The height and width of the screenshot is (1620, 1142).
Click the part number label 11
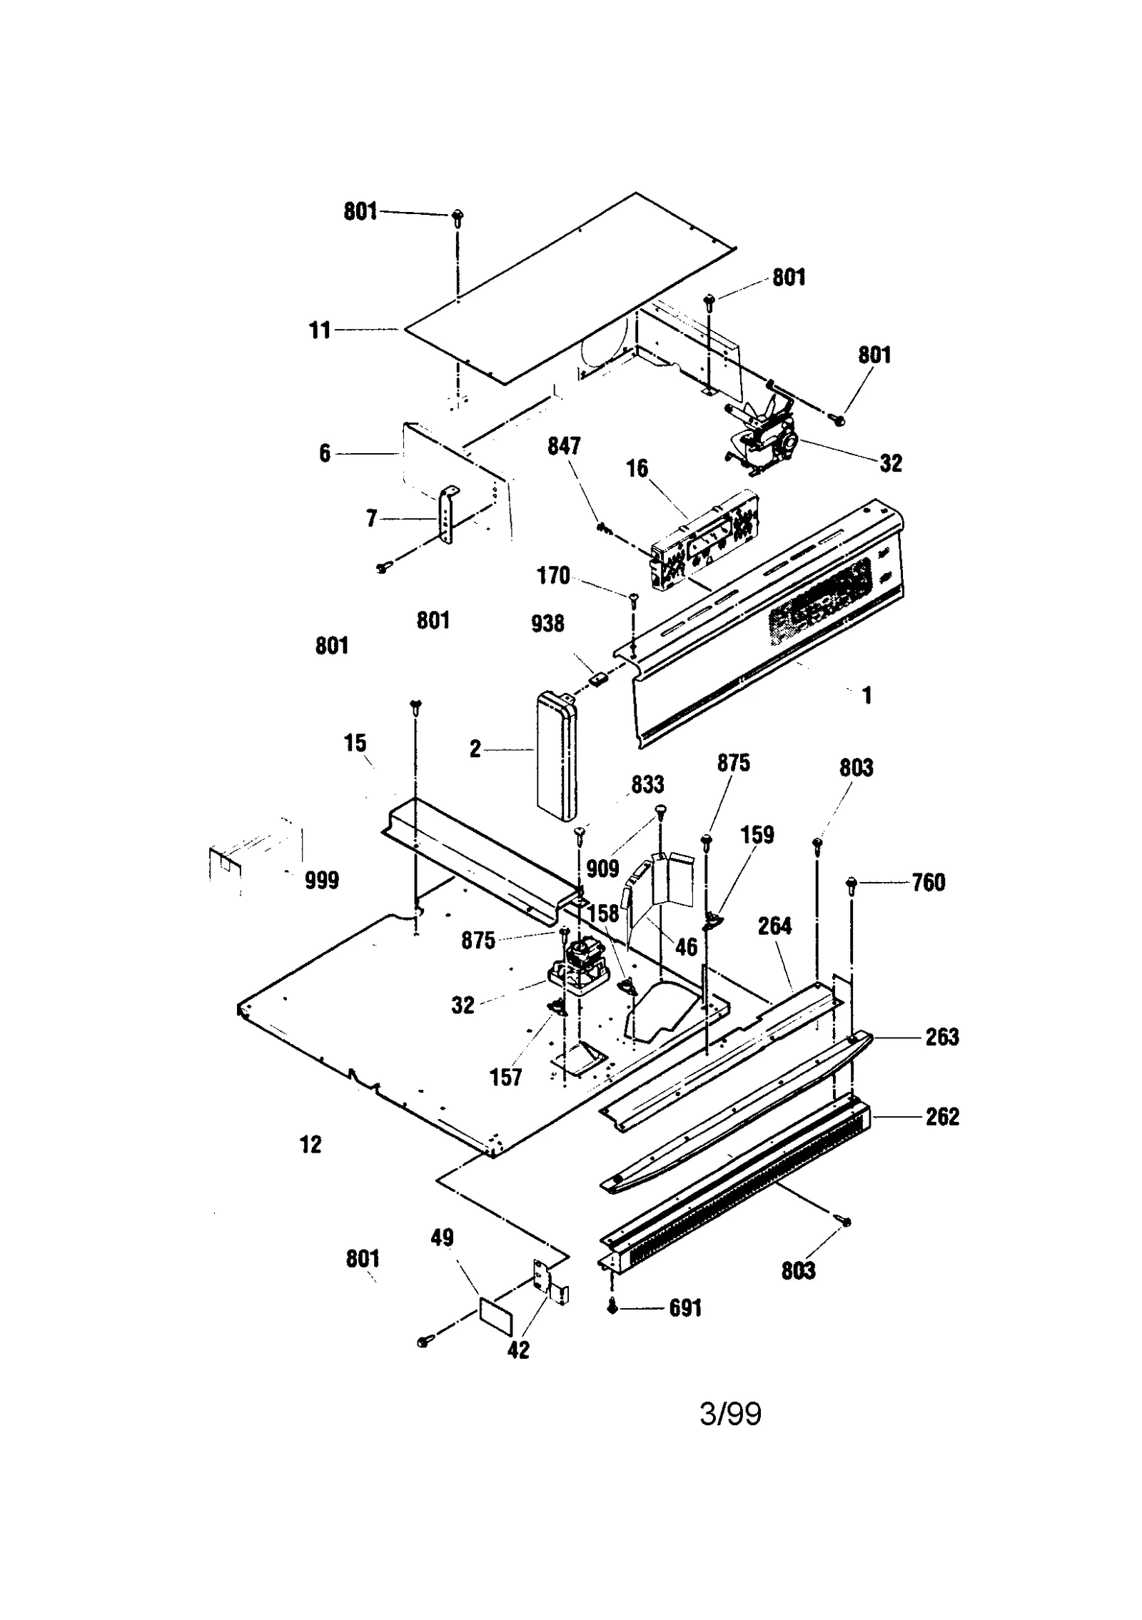click(319, 330)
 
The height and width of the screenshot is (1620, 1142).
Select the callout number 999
click(321, 880)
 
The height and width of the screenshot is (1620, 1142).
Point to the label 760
click(928, 883)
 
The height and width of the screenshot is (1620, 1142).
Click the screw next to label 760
click(851, 884)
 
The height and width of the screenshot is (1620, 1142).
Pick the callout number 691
click(685, 1308)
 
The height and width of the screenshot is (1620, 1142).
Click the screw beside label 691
click(612, 1307)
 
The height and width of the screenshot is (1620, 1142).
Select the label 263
click(941, 1038)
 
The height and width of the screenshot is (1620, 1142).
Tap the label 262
click(941, 1117)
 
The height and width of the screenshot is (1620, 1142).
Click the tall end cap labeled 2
click(557, 756)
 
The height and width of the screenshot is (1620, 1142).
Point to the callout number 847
click(563, 446)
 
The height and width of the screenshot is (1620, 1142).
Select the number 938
click(547, 624)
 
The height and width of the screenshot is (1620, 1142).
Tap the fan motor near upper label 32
click(764, 435)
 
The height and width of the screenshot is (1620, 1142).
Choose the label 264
click(774, 926)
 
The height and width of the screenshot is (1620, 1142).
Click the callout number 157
click(505, 1077)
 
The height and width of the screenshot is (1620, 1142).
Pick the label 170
click(552, 575)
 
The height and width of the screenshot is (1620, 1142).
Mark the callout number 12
click(310, 1145)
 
